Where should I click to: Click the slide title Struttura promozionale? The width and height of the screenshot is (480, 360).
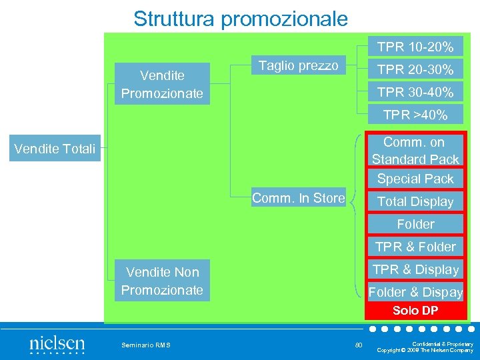[x=240, y=18]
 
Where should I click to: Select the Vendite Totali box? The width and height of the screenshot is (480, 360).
[x=55, y=148]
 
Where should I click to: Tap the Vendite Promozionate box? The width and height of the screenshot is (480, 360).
[x=162, y=84]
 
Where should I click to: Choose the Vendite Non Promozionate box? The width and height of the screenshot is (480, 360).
[x=162, y=281]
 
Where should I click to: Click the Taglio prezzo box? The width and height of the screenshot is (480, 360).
[x=298, y=65]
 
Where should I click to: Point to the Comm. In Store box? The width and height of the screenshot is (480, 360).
[x=298, y=197]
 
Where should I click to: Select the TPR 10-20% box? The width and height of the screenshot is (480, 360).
[x=415, y=47]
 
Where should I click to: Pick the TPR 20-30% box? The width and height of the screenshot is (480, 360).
[x=415, y=69]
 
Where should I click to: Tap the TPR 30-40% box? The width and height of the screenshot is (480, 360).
[x=415, y=92]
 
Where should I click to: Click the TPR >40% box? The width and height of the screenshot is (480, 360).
[x=415, y=115]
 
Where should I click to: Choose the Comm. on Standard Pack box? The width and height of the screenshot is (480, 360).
[x=415, y=151]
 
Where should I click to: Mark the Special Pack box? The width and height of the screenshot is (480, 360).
[x=415, y=179]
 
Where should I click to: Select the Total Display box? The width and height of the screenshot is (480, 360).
[x=415, y=201]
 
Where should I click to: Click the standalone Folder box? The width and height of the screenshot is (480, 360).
[x=415, y=224]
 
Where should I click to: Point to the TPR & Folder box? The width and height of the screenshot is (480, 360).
[x=415, y=247]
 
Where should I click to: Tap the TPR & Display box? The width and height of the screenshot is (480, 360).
[x=415, y=269]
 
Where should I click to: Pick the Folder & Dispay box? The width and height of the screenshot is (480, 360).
[x=415, y=292]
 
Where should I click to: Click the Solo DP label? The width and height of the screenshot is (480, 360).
[x=415, y=311]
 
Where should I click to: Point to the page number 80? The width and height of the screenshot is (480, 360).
[x=359, y=345]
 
